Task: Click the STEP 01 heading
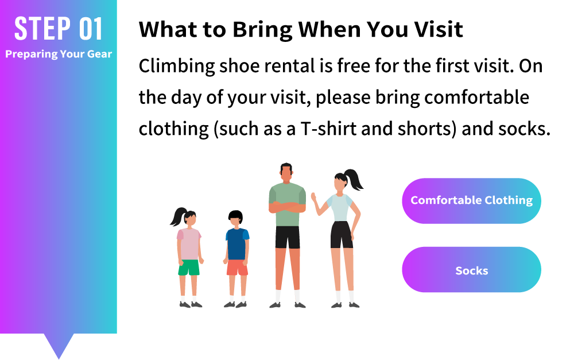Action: click(58, 29)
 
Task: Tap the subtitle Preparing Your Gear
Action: click(59, 54)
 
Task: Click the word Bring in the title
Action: click(262, 30)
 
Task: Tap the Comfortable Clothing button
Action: click(471, 201)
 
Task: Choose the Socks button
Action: click(471, 269)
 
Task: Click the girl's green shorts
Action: click(189, 268)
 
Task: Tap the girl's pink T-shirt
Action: click(189, 244)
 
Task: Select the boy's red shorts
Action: click(237, 268)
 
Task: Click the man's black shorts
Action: click(288, 237)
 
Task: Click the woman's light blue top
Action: click(340, 207)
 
